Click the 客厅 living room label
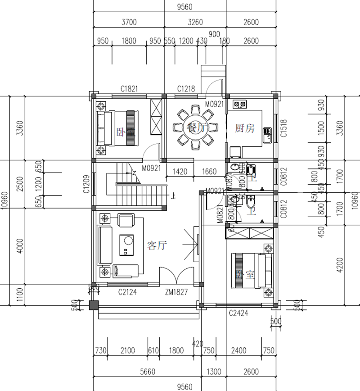click(x=157, y=246)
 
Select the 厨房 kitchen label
click(x=245, y=129)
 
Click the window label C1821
click(x=129, y=89)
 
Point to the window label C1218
click(x=186, y=89)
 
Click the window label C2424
click(x=238, y=313)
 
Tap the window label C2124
click(x=127, y=292)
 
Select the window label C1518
click(x=283, y=128)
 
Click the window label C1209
click(x=87, y=184)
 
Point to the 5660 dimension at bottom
click(x=148, y=372)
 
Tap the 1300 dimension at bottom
click(x=214, y=372)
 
